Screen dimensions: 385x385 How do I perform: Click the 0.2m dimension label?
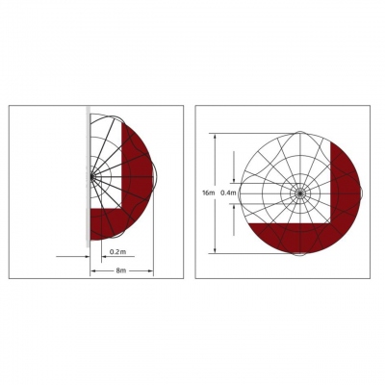[x=117, y=252]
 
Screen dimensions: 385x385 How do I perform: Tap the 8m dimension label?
[x=120, y=270]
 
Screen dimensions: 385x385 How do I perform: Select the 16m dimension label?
[x=208, y=193]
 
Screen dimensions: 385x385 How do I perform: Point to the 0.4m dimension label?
[x=229, y=193]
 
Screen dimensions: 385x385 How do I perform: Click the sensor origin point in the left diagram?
[x=91, y=176]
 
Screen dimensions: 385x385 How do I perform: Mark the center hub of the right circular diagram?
[x=299, y=193]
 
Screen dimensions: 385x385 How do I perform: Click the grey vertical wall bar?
[x=88, y=176]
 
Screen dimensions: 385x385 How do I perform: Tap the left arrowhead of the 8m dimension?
[x=92, y=271]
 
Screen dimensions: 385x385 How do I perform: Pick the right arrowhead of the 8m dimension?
[x=151, y=271]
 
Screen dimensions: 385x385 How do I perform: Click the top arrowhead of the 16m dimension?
[x=216, y=136]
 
